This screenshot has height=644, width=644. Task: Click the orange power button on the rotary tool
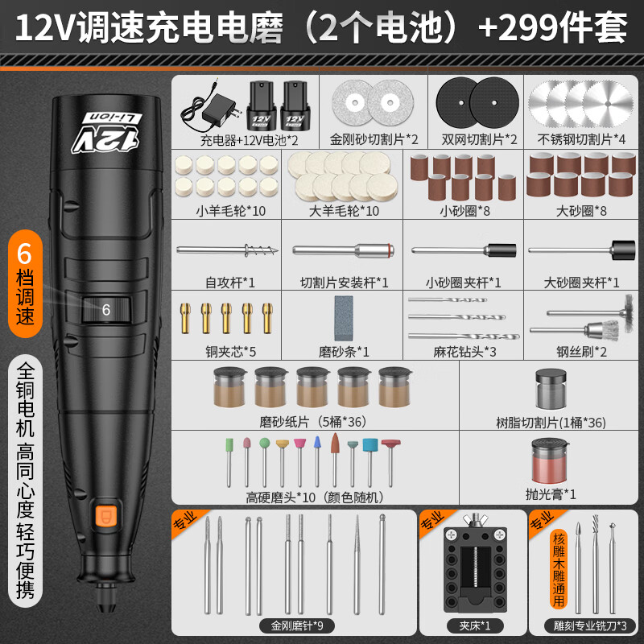106,516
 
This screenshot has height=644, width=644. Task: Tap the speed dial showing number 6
106,310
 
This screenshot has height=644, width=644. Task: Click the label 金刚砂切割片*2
374,139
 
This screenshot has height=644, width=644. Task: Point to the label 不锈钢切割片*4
581,139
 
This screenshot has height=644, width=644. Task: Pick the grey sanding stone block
344,318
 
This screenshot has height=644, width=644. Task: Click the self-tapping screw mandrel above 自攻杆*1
227,250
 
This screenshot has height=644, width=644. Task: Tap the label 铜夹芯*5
230,352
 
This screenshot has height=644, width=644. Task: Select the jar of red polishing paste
550,460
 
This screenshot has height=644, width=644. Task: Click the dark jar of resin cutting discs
551,389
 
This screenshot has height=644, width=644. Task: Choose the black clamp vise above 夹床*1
475,563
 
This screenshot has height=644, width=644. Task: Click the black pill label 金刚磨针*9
296,626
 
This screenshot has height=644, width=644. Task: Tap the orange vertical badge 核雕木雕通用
559,569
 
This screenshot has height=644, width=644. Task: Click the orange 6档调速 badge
25,283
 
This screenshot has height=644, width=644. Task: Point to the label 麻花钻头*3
464,352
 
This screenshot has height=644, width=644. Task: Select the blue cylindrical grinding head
370,446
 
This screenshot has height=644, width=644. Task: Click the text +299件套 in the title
553,28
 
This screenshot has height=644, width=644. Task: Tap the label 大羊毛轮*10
344,211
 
